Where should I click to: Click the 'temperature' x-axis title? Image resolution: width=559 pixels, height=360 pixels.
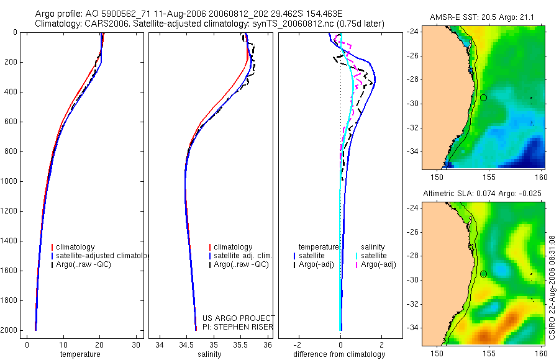pyautogui.click(x=80, y=354)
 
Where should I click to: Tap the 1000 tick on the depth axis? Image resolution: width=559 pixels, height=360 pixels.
pyautogui.click(x=9, y=181)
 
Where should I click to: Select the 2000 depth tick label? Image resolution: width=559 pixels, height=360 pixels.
pyautogui.click(x=9, y=330)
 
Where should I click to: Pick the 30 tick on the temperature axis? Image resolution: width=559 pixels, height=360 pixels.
pyautogui.click(x=136, y=344)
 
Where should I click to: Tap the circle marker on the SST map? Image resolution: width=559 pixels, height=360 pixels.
pyautogui.click(x=483, y=97)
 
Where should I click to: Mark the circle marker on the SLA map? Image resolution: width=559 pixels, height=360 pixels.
pyautogui.click(x=483, y=274)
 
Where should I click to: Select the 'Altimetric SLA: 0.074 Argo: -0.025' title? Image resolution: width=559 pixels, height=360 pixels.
pyautogui.click(x=482, y=194)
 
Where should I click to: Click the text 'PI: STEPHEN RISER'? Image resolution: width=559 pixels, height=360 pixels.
pyautogui.click(x=238, y=327)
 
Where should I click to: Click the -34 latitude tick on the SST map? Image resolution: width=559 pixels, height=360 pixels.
pyautogui.click(x=414, y=151)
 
